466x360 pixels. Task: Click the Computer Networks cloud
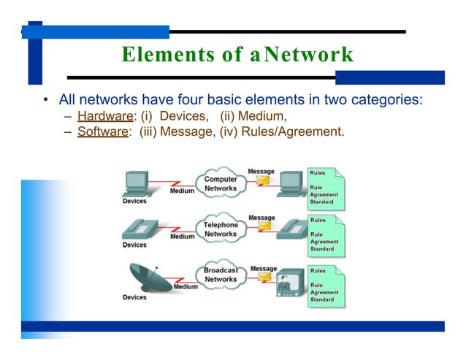[220, 184]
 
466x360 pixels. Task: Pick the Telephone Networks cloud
[220, 229]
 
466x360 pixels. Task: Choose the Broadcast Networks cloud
[221, 275]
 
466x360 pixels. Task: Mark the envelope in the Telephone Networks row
[263, 229]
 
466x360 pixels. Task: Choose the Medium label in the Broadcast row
[186, 287]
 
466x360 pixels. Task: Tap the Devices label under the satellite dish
[134, 297]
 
